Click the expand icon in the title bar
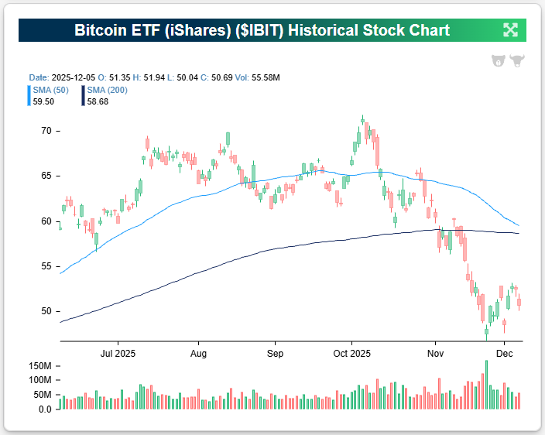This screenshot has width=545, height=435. (x=510, y=30)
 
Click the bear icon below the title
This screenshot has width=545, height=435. (x=498, y=60)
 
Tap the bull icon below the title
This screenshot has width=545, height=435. (x=517, y=60)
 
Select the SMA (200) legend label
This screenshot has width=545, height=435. (x=107, y=90)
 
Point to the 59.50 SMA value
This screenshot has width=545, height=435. (x=43, y=101)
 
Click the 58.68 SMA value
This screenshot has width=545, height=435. (x=98, y=101)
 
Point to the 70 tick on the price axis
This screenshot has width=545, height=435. (x=46, y=131)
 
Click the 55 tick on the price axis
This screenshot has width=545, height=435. (x=46, y=266)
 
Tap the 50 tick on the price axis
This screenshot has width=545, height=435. (x=46, y=311)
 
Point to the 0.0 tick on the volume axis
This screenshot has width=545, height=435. (x=45, y=409)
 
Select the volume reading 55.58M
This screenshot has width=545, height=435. (x=264, y=78)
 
